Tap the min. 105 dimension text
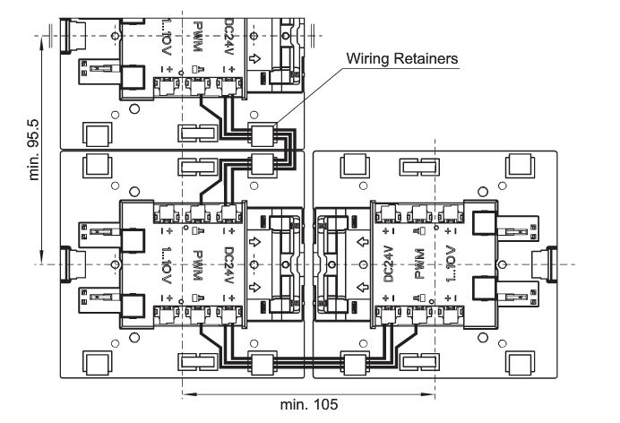tap(309, 405)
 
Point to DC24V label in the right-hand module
tap(389, 264)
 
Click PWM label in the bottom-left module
tap(195, 264)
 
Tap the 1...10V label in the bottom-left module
tap(167, 264)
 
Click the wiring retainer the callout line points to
tap(262, 134)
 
